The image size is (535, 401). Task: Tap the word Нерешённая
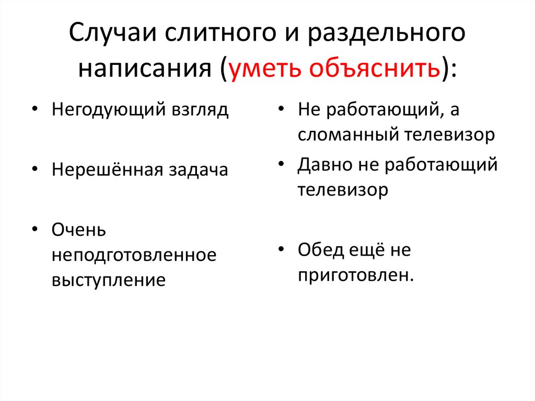pos(107,170)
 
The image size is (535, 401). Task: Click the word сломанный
pos(347,135)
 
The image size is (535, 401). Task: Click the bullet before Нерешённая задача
pos(34,170)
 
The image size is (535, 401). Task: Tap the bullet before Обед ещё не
pos(281,250)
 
